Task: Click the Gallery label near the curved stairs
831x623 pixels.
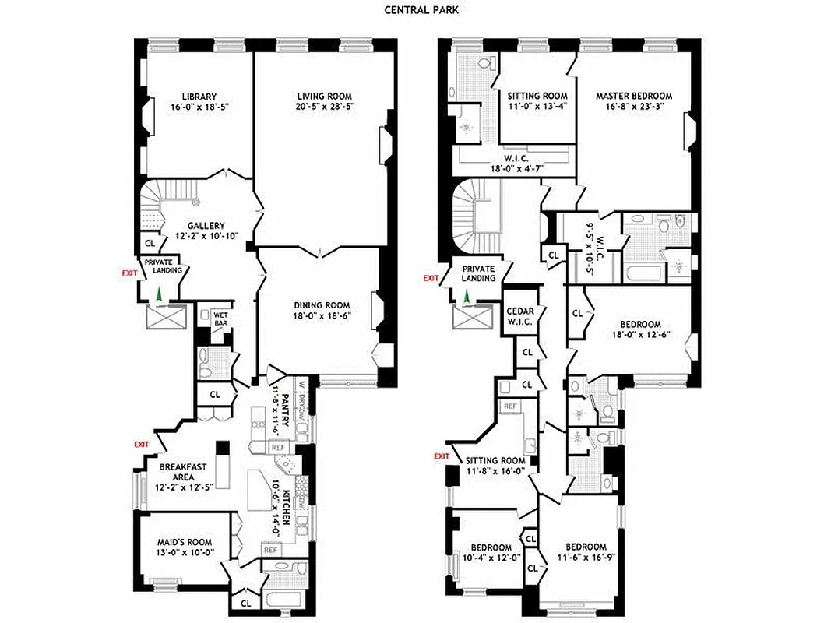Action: (x=206, y=226)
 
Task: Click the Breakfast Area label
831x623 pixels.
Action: (x=183, y=467)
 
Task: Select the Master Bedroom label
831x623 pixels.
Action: (x=634, y=96)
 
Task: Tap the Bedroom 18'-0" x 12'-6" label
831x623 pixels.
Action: (x=641, y=325)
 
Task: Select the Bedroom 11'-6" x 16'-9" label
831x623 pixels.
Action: (x=586, y=547)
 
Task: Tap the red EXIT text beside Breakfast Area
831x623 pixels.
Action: (x=141, y=444)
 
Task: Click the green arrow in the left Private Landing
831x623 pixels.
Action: (x=159, y=294)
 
